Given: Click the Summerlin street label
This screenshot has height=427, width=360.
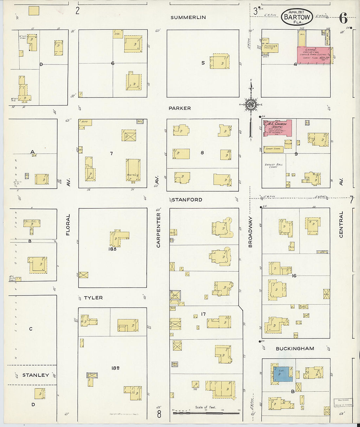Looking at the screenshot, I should coord(188,17).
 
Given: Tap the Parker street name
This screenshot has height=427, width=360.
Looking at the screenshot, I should coord(180,108).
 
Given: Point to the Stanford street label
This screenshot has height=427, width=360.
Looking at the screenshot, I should coord(187,200).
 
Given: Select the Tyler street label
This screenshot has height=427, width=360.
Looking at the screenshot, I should coord(93,298).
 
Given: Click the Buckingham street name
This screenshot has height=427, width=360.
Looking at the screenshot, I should coord(295,348).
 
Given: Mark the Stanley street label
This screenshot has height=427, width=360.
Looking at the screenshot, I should coord(35,375).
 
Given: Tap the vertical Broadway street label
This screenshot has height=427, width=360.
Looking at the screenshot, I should coord(250,231).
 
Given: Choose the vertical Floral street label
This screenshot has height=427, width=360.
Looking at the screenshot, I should coord(68,225).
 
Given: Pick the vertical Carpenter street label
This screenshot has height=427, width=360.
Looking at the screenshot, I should coord(158,230).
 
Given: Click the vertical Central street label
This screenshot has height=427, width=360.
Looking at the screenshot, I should coord(341,224).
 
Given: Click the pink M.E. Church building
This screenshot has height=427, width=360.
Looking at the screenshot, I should coord(278,128).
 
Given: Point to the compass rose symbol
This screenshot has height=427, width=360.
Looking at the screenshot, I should coord(251,105).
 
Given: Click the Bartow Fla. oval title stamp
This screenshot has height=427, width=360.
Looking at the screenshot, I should coord(297,17).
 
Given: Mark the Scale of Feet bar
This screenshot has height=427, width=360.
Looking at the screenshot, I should coord(206,413).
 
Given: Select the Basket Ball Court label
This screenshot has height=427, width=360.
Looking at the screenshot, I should coord(274,166).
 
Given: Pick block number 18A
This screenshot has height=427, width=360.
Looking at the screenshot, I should coord(113,249).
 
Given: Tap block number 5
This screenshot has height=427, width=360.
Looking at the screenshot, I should coord(203,63).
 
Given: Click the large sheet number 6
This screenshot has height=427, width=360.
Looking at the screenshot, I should coord(343,18).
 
